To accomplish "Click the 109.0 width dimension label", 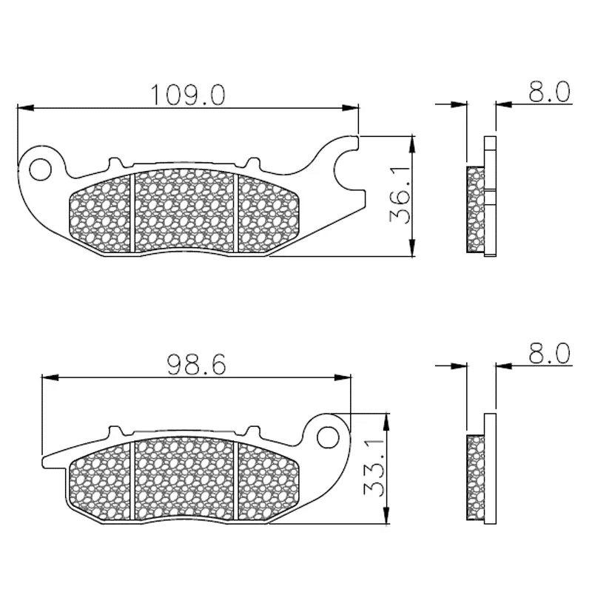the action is [188, 95].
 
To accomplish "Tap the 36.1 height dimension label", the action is [400, 195].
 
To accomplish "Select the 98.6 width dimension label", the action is [196, 365].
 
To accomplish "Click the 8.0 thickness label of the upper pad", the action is [549, 92].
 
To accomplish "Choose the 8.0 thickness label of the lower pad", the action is [549, 354].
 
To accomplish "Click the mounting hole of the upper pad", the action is [40, 169].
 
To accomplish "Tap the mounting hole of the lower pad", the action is [328, 437].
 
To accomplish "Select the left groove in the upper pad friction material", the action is [132, 212].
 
